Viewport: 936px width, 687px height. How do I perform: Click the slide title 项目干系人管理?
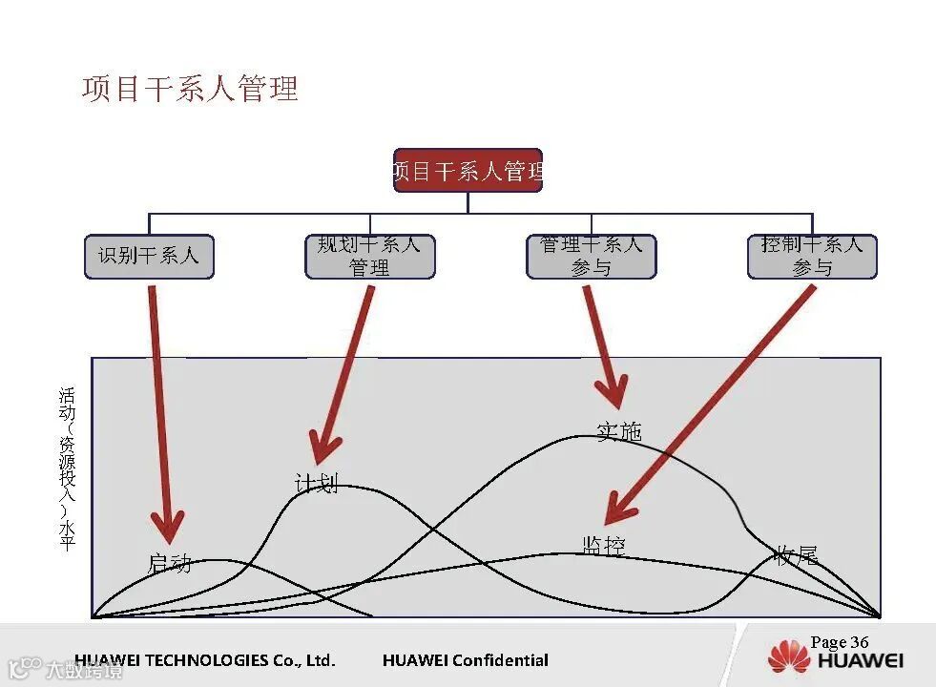[190, 89]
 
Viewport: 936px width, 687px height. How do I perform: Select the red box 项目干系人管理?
[468, 171]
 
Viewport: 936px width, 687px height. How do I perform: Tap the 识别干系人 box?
[149, 256]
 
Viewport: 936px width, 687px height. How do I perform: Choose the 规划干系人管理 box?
[369, 256]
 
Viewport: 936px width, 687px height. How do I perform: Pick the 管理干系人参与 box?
[591, 256]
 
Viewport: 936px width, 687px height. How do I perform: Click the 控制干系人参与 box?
[812, 256]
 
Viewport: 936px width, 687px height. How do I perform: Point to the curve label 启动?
[170, 563]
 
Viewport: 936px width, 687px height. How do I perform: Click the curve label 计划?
[316, 484]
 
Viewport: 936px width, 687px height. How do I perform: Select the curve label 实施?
[619, 431]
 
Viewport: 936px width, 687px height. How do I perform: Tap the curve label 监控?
[604, 545]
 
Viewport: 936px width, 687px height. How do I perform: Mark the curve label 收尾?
[796, 555]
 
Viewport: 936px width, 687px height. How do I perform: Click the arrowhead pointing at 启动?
[168, 528]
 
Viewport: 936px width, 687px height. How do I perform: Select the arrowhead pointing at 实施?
[612, 393]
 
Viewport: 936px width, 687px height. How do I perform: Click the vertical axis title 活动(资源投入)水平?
[67, 468]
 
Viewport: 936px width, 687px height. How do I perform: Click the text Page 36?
[840, 642]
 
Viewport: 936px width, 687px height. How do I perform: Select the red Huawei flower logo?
[788, 657]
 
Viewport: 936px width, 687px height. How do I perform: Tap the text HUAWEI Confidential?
[465, 660]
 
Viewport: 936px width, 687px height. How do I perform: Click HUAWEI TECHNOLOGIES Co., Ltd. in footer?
[205, 660]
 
